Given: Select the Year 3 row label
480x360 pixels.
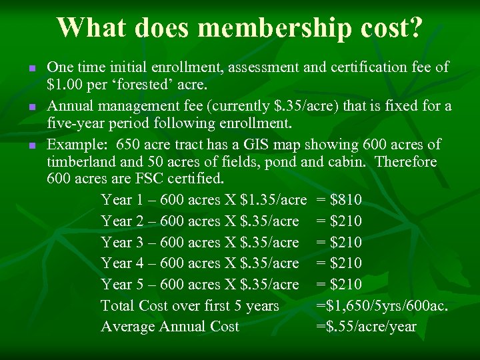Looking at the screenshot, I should point(119,242).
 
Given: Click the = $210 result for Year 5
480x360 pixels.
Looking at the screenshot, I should point(339,285).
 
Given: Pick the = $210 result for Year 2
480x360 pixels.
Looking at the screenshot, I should point(339,221).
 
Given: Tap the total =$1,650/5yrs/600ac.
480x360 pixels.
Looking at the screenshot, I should point(381,306).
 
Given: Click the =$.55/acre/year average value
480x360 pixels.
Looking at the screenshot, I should point(366,327).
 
